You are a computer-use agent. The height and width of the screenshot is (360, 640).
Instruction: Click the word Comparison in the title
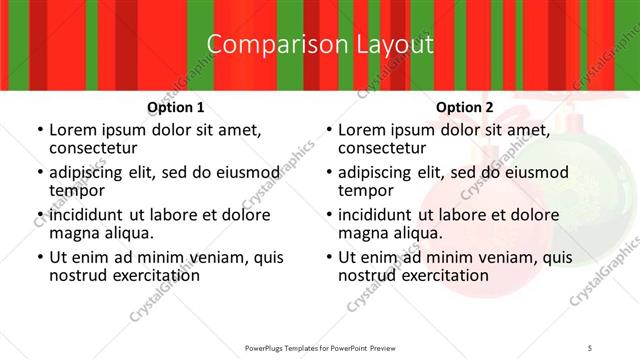[x=265, y=45]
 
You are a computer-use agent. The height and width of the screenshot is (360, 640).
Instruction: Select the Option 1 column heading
[x=176, y=107]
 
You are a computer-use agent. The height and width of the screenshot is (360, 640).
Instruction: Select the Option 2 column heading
[x=465, y=107]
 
